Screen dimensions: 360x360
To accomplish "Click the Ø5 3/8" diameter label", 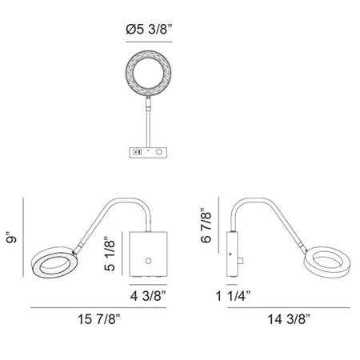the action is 148,29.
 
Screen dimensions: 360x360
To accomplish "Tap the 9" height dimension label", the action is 12,238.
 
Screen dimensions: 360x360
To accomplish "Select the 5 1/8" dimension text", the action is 110,254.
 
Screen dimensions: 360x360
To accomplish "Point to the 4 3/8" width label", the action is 148,296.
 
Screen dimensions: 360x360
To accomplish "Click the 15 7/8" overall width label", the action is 99,319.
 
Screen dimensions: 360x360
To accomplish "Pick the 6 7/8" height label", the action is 206,225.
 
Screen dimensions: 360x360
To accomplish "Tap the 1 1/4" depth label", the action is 234,296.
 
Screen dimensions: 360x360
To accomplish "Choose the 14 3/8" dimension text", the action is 289,319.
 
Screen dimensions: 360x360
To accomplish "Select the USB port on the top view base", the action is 138,152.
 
